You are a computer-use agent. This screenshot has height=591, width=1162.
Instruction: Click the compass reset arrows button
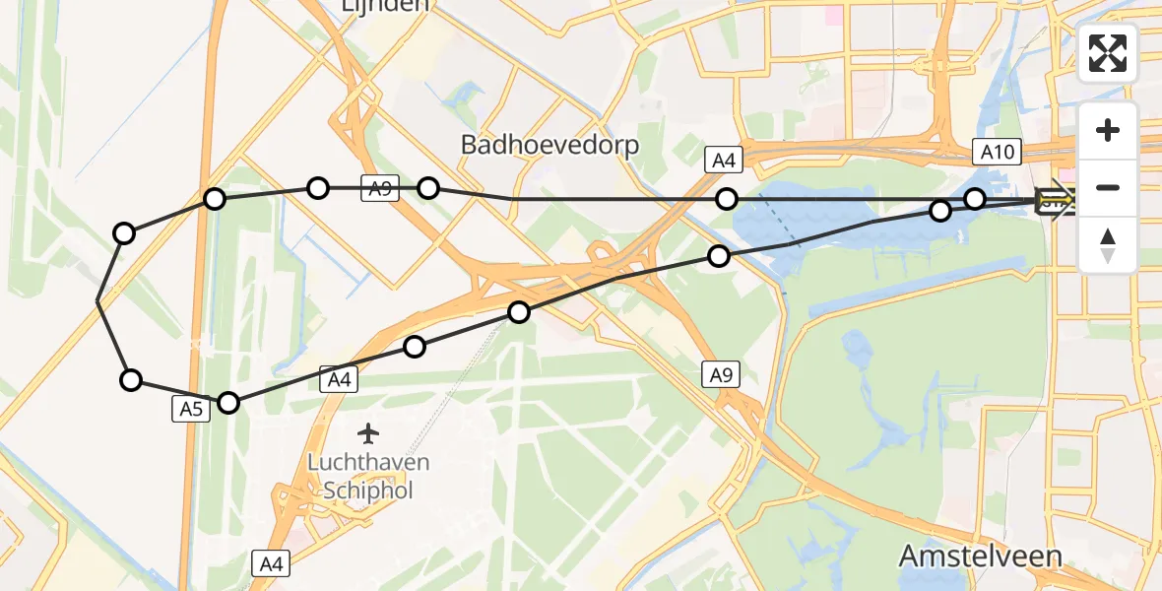click(x=1108, y=244)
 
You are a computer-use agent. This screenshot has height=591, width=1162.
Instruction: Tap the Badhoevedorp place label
click(x=549, y=145)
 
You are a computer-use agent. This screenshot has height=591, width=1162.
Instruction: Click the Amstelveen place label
click(x=980, y=557)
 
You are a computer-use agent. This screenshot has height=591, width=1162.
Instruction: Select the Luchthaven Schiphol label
click(x=368, y=476)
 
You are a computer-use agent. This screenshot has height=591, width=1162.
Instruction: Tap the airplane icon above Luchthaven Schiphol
click(x=369, y=432)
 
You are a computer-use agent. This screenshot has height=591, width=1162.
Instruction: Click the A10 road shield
click(x=997, y=152)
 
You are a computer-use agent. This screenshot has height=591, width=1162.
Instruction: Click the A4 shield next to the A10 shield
click(x=723, y=161)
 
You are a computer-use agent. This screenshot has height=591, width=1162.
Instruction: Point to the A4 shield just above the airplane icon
click(x=337, y=379)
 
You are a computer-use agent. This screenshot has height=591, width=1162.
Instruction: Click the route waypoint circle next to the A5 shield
click(x=228, y=402)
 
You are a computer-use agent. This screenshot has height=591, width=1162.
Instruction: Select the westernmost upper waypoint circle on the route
click(x=124, y=233)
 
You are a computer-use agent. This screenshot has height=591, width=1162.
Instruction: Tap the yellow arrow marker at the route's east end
click(x=1054, y=203)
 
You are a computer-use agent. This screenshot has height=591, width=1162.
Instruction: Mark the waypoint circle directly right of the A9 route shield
click(x=428, y=187)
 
